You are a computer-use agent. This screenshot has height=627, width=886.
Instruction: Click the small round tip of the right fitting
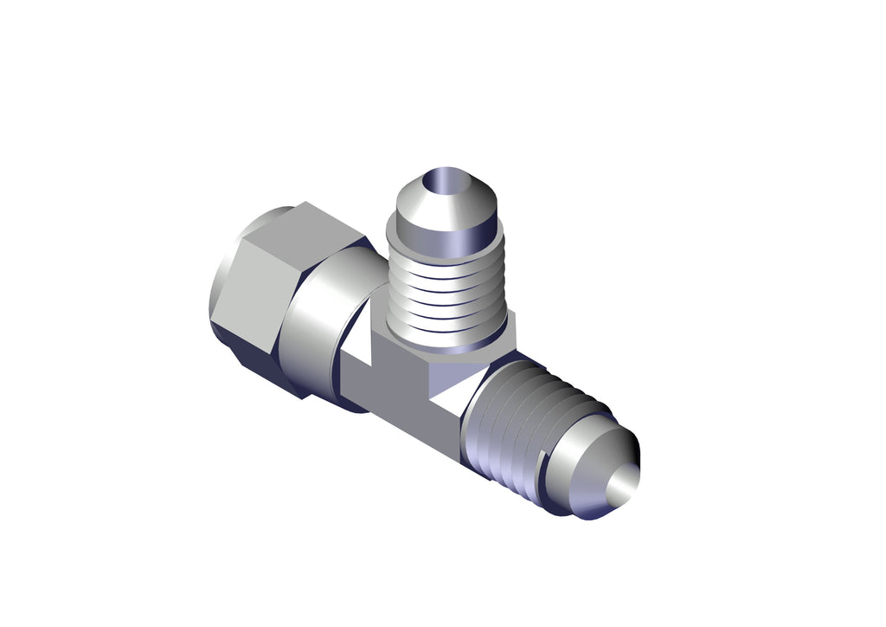click(625, 485)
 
